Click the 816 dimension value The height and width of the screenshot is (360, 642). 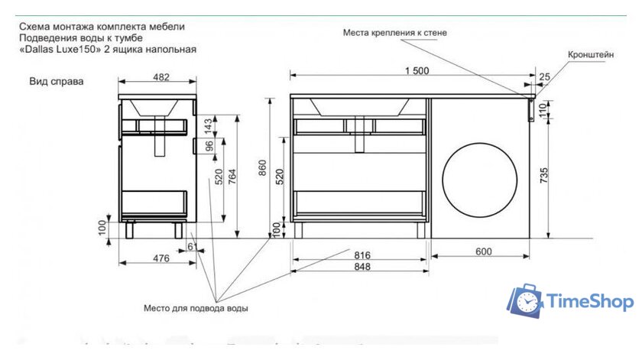pyautogui.click(x=362, y=255)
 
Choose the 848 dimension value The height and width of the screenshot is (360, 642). pyautogui.click(x=362, y=267)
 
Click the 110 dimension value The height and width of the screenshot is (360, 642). pyautogui.click(x=545, y=108)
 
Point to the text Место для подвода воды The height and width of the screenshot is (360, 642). pyautogui.click(x=196, y=309)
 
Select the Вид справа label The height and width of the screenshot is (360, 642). pyautogui.click(x=57, y=80)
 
